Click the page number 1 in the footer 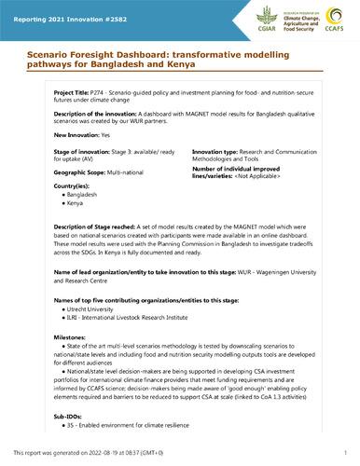tap(343, 452)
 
